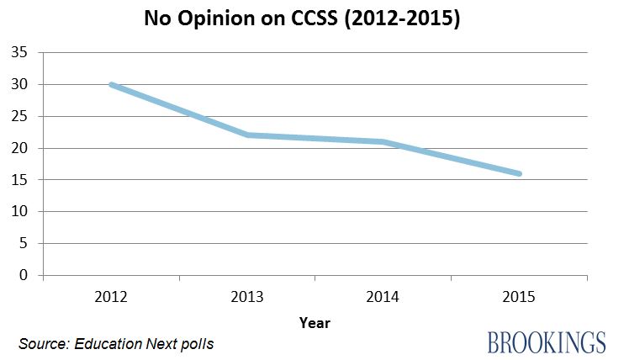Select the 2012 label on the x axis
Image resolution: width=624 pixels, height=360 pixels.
point(111,297)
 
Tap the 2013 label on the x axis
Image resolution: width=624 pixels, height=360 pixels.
point(247,297)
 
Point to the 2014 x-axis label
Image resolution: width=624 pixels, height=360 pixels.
point(383,297)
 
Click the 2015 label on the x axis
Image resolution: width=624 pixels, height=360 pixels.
point(520,297)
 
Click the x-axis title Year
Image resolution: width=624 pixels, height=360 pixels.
point(315,322)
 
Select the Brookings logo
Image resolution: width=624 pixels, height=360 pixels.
point(546,342)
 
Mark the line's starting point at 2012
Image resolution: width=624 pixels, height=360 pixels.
point(111,84)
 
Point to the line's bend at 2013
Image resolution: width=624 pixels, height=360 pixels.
point(247,135)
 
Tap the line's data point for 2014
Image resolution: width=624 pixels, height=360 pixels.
point(383,141)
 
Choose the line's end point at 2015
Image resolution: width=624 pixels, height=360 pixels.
point(520,173)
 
